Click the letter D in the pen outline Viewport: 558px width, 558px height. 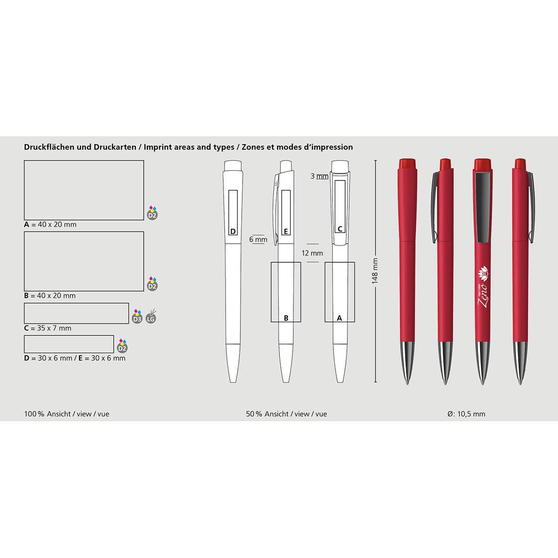point(233,232)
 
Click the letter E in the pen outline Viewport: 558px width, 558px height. point(286,232)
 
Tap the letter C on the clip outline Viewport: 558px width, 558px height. point(340,229)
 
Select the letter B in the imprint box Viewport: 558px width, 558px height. point(286,318)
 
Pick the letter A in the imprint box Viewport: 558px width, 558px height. point(339,318)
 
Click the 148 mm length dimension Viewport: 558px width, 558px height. point(375,271)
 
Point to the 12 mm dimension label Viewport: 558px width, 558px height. point(312,253)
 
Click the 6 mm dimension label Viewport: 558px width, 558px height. point(258,239)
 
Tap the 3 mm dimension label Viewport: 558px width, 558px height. point(319,176)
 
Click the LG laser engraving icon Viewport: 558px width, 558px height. point(151,317)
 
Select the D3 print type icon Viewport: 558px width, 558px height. point(137,317)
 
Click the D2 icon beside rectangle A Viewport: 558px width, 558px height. point(153,213)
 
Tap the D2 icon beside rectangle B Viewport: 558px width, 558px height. point(153,284)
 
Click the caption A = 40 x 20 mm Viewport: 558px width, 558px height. point(50,225)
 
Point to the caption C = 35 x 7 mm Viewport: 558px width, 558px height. point(47,328)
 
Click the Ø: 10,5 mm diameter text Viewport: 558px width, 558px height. point(466,414)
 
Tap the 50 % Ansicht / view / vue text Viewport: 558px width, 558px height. point(286,414)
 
